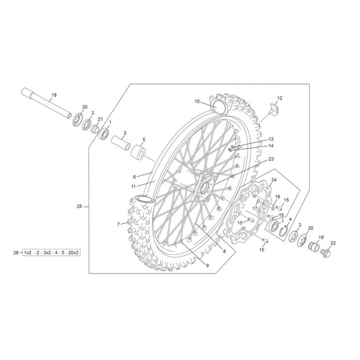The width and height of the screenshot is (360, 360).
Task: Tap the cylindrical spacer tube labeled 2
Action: coord(121,144)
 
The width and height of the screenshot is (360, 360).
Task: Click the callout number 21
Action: coord(100,119)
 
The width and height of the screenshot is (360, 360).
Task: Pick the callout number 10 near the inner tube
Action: coord(197,101)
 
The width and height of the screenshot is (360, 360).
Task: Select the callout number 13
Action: coord(271,139)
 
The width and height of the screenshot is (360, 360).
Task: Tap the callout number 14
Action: coord(271,145)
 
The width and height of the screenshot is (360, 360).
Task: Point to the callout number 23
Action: coord(271,159)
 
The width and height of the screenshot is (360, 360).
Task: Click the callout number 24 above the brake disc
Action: coord(274,180)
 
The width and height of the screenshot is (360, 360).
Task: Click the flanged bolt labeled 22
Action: coord(326,252)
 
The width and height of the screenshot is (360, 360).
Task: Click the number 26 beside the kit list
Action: coord(16,252)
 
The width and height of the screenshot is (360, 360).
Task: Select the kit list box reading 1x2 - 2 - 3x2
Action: coord(51,253)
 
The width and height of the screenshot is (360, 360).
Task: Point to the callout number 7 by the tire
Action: coord(118,224)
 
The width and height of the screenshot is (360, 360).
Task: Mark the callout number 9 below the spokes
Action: coord(207,265)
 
